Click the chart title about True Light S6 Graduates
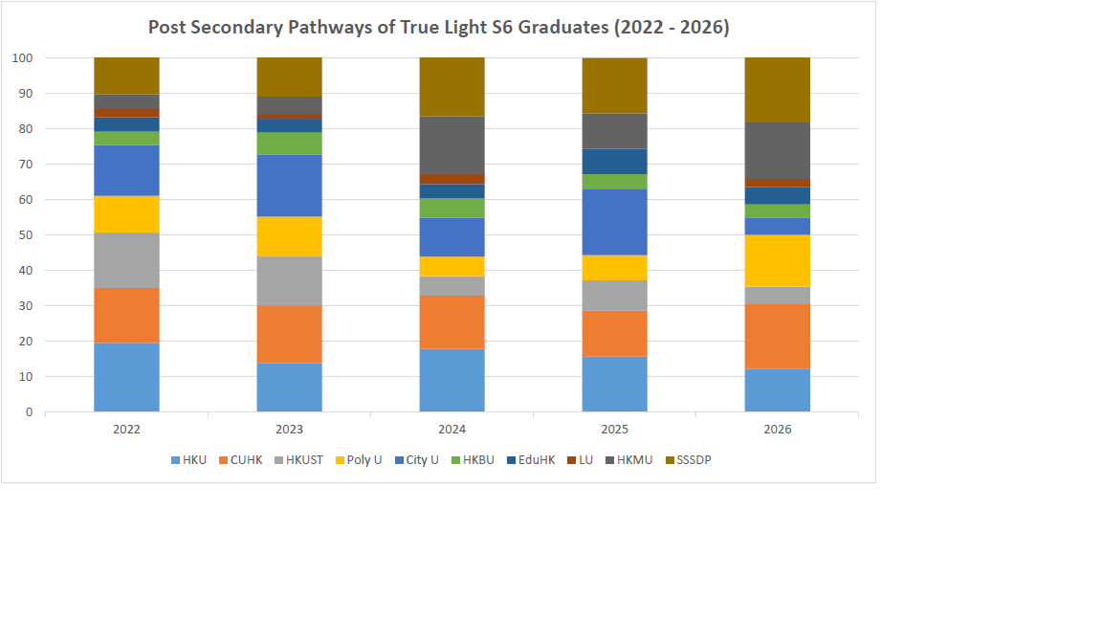click(x=438, y=28)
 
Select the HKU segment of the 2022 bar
click(x=126, y=378)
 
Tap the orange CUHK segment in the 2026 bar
click(x=778, y=337)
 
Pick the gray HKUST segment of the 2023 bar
click(x=290, y=281)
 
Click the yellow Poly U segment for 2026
click(x=778, y=261)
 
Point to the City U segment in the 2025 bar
click(x=615, y=222)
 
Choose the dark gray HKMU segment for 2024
click(x=452, y=145)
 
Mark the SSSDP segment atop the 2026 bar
click(x=778, y=90)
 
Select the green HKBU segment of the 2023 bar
click(x=290, y=144)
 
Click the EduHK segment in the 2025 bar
click(x=615, y=162)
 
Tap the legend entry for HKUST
click(x=298, y=460)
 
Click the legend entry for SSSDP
click(x=689, y=460)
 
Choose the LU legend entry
click(x=581, y=460)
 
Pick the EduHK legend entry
click(x=531, y=460)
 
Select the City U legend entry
click(x=417, y=460)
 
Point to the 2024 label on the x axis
click(x=452, y=430)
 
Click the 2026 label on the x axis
click(x=778, y=430)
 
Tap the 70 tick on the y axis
click(x=25, y=165)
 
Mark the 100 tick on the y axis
click(x=23, y=58)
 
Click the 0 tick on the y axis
click(x=29, y=412)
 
